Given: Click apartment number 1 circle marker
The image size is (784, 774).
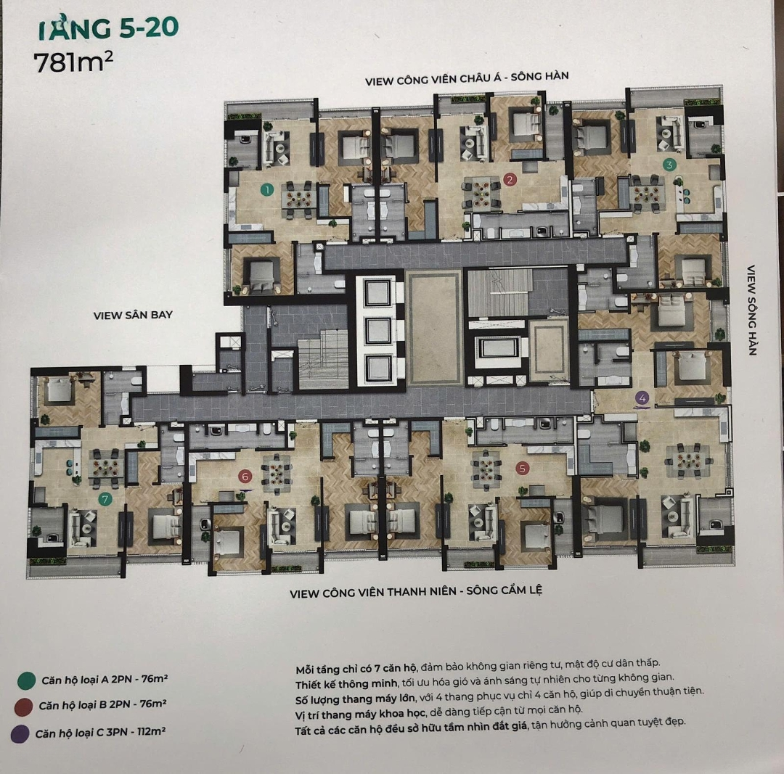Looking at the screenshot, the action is [x=267, y=189].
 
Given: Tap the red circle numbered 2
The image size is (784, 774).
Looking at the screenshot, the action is [x=510, y=179].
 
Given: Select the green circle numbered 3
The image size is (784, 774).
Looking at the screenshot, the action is [x=669, y=164].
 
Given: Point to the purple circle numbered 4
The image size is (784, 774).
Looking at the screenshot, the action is [x=642, y=398].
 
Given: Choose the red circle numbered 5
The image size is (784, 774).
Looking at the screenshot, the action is [x=523, y=468].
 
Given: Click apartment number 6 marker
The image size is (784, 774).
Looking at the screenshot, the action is [x=245, y=476].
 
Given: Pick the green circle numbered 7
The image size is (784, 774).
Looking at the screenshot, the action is [x=105, y=498].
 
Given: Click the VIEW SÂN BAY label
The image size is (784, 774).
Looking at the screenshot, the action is [x=133, y=316].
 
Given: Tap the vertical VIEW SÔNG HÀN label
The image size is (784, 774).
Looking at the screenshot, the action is [x=751, y=310].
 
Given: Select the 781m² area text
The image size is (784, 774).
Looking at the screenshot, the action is [x=73, y=62].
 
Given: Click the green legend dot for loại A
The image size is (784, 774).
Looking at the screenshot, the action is [x=26, y=680].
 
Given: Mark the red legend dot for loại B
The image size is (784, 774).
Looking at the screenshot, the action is [x=23, y=707].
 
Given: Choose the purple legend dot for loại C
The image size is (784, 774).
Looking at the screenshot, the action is [x=20, y=735].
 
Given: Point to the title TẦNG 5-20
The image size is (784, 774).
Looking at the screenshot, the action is [x=108, y=28].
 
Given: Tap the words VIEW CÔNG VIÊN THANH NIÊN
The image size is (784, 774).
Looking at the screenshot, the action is [x=373, y=593].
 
